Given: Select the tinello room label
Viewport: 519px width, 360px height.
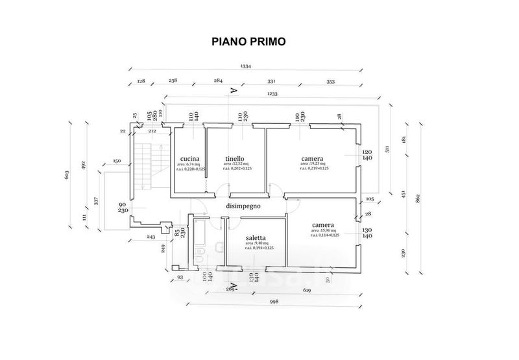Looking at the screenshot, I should coord(235,158).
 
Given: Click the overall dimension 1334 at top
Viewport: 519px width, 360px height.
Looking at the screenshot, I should coord(246,66).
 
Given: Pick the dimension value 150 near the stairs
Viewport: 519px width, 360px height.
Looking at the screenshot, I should coord(117,160).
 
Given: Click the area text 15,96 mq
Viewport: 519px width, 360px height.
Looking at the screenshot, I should coord(322,231).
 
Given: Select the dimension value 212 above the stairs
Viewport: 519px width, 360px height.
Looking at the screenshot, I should coord(152,131).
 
